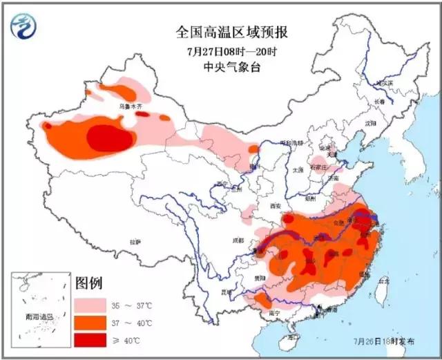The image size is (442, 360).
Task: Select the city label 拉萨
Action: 135,242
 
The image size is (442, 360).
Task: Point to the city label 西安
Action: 276,206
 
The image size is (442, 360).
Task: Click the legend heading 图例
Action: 88,283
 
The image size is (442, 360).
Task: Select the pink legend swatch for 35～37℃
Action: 90,305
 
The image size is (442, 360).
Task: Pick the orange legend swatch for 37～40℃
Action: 90,322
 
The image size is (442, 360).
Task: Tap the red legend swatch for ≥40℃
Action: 90,339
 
